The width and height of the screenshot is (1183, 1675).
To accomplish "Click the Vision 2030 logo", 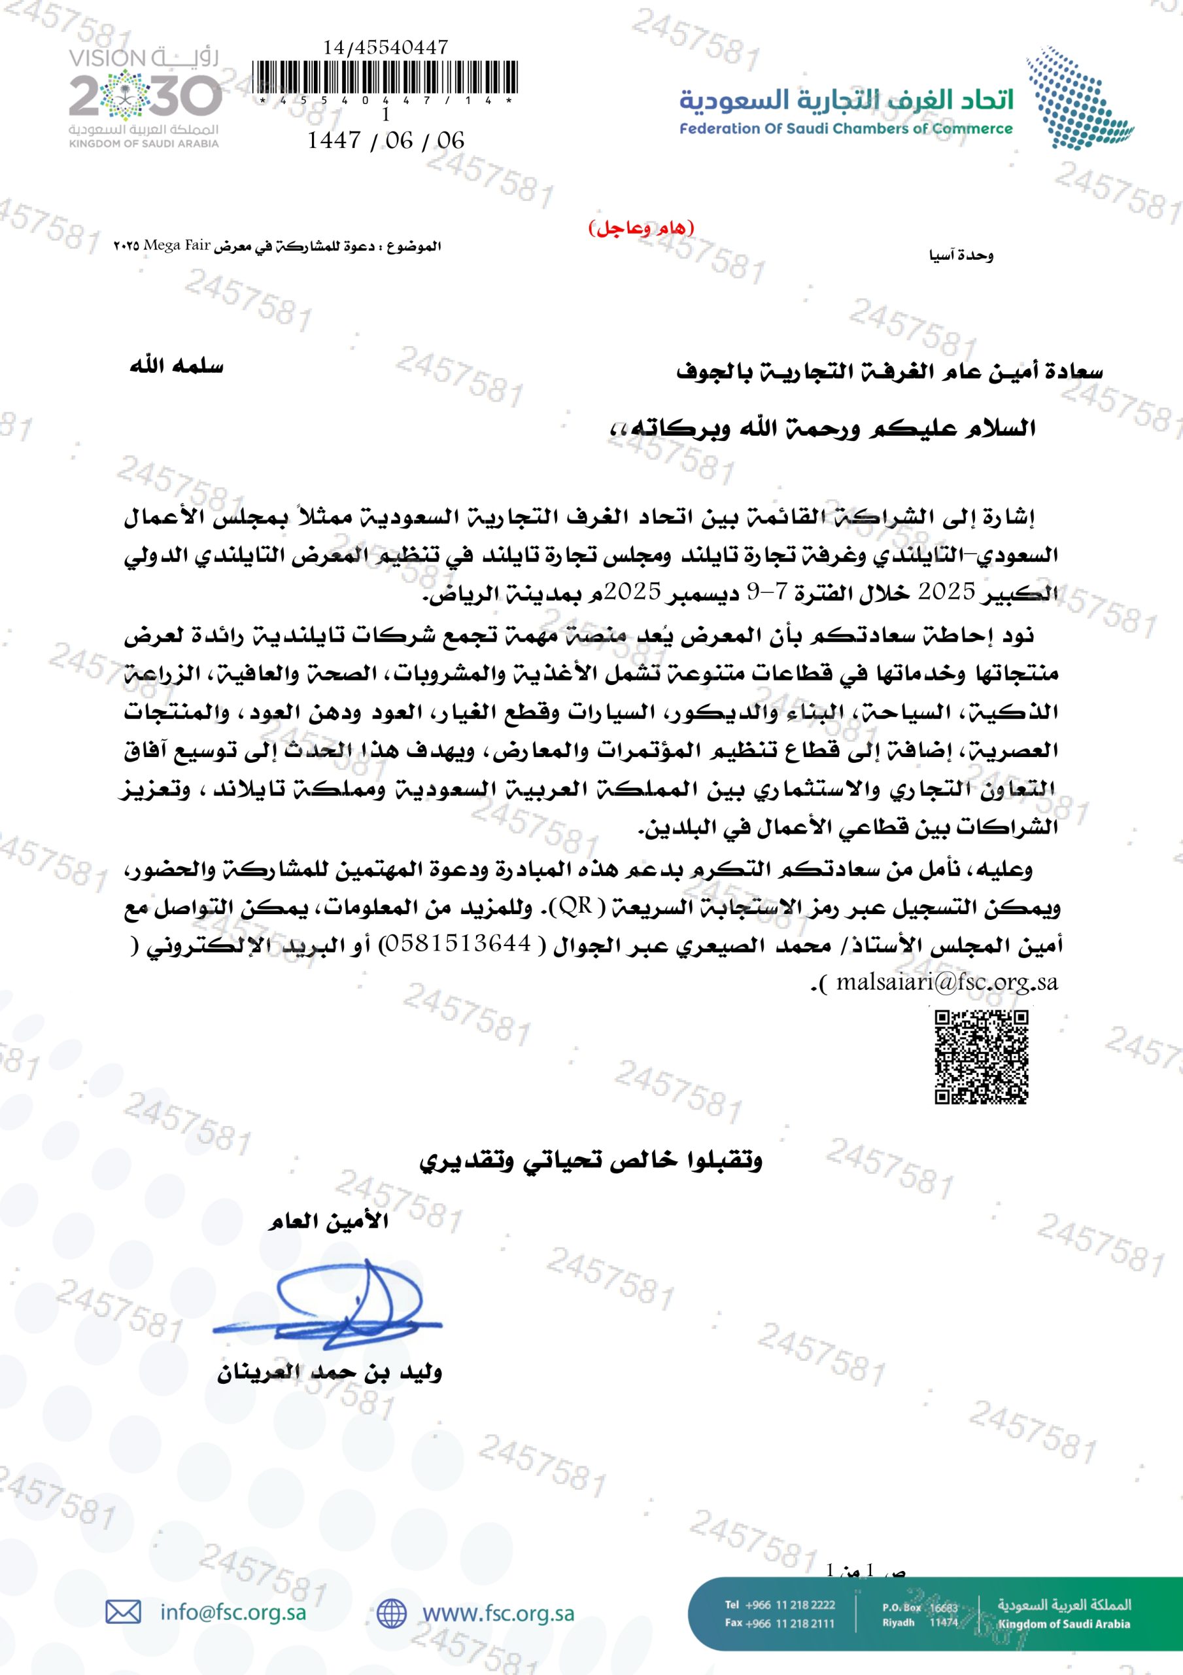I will (145, 97).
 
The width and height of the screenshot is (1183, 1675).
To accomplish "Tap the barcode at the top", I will (385, 77).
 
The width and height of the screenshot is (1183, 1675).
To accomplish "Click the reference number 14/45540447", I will (385, 47).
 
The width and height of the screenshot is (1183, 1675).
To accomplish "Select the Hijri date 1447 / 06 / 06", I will (385, 140).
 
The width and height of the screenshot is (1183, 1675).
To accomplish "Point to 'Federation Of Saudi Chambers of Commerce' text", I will (846, 129).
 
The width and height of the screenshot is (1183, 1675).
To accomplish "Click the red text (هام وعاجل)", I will (641, 228).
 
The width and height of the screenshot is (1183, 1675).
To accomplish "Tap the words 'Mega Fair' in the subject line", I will (177, 245).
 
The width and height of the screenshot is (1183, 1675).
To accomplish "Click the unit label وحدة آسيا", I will (961, 255).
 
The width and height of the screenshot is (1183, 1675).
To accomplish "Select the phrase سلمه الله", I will (177, 366).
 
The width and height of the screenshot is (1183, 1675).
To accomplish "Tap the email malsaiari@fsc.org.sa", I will (946, 982).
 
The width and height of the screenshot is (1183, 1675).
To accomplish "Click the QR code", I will (981, 1056).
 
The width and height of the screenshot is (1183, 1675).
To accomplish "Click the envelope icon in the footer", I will (123, 1612).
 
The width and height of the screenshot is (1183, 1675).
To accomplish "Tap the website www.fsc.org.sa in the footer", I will (498, 1613).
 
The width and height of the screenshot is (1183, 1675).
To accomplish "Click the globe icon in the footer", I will (392, 1613).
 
